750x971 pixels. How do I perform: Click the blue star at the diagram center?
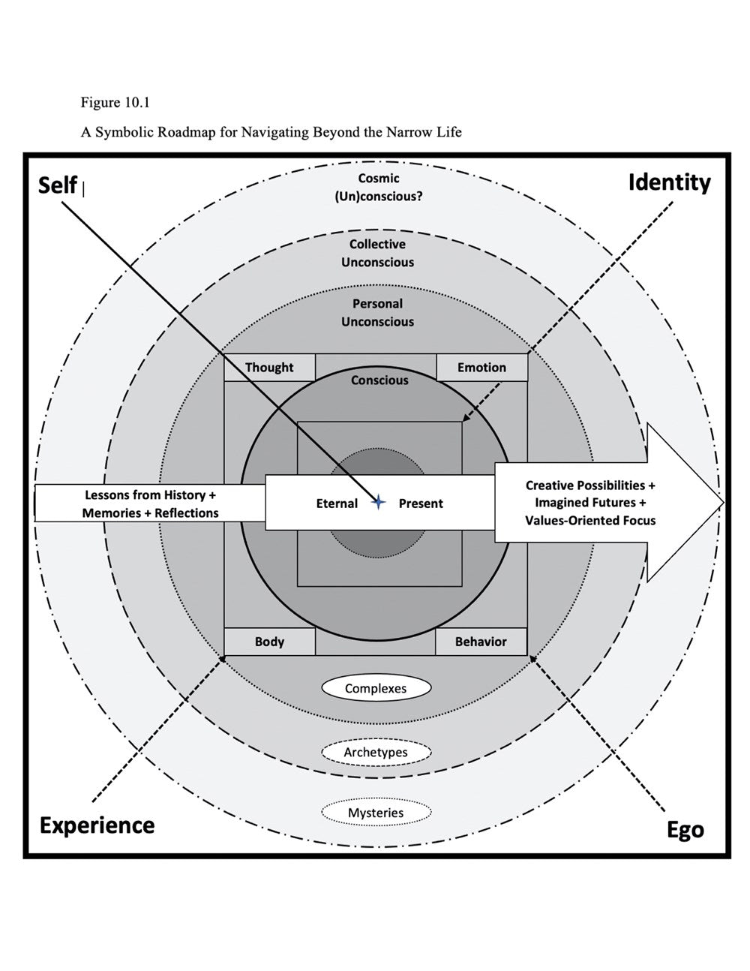(x=378, y=502)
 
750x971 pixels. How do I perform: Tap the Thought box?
(x=270, y=368)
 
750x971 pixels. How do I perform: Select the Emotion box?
(x=481, y=368)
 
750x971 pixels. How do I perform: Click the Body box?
(x=269, y=642)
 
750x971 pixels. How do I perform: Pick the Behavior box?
(x=481, y=642)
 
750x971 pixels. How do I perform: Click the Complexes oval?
(x=376, y=688)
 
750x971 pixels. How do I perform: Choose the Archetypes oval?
(x=376, y=752)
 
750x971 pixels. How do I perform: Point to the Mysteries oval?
(x=376, y=813)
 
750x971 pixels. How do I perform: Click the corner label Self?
(x=58, y=185)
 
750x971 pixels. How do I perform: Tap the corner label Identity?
(x=669, y=182)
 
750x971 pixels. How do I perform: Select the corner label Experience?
(x=97, y=825)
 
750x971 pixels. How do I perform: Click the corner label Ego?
(x=685, y=830)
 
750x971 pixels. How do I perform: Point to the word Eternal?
(x=337, y=504)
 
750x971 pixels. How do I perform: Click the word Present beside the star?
(x=421, y=504)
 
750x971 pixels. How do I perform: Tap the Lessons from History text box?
(x=150, y=504)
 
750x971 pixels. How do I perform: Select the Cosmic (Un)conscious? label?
(x=379, y=188)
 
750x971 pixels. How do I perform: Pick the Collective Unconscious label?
(x=377, y=253)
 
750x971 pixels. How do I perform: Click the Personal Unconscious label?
(x=377, y=312)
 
